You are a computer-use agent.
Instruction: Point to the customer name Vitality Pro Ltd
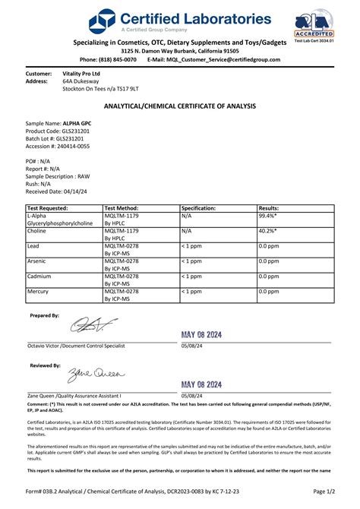click(81, 73)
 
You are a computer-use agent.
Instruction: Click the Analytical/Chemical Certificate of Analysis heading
click(180, 106)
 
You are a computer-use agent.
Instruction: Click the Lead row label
click(33, 246)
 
